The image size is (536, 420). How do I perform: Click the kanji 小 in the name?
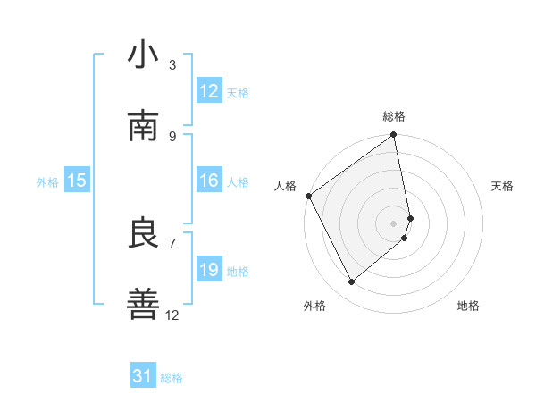click(x=144, y=55)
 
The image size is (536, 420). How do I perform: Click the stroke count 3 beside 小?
click(x=172, y=65)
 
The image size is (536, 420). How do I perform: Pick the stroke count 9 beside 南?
click(x=172, y=136)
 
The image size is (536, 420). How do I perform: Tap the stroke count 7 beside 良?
click(x=172, y=243)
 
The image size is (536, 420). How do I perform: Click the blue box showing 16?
click(x=209, y=181)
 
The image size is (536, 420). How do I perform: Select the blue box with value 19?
click(x=209, y=270)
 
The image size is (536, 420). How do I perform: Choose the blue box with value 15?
click(x=77, y=181)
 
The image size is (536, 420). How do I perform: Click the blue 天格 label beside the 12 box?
click(x=238, y=92)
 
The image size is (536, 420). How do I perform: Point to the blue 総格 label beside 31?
click(x=172, y=378)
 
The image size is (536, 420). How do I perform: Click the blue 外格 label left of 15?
click(x=47, y=181)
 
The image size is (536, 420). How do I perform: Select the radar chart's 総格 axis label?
click(x=394, y=116)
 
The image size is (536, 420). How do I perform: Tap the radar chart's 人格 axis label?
click(x=286, y=186)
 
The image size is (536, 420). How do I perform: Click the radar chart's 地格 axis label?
click(x=468, y=306)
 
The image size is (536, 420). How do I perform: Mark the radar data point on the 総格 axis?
click(x=394, y=137)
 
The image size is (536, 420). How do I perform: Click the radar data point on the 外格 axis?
click(x=351, y=282)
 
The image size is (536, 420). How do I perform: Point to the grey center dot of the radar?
click(x=394, y=223)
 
